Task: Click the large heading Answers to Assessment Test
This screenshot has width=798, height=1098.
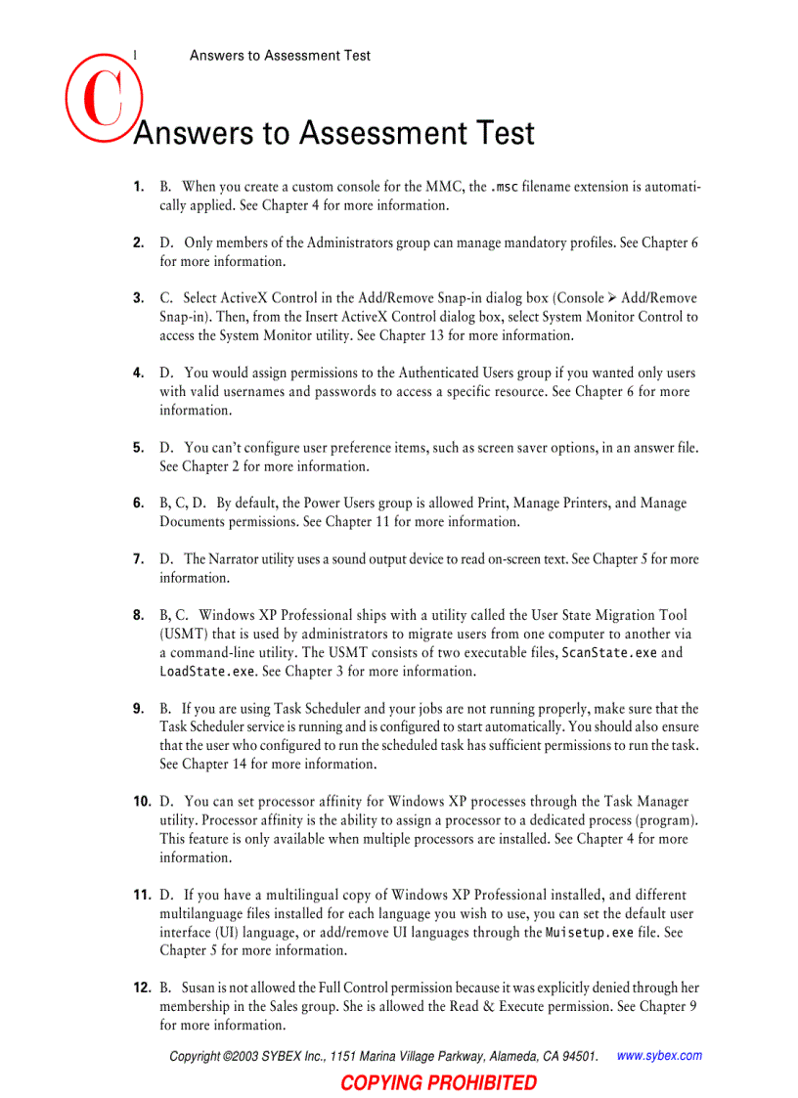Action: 333,133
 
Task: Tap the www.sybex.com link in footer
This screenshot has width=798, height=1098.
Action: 660,1056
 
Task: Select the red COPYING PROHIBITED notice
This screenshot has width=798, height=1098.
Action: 439,1082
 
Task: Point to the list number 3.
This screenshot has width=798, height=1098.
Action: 139,298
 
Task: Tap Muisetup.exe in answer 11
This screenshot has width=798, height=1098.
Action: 590,933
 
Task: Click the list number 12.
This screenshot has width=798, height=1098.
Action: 142,988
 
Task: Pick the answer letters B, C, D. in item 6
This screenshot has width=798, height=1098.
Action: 183,504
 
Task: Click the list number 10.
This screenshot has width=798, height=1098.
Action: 142,802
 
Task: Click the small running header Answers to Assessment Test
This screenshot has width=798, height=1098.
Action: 280,56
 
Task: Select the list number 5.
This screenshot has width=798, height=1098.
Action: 139,448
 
